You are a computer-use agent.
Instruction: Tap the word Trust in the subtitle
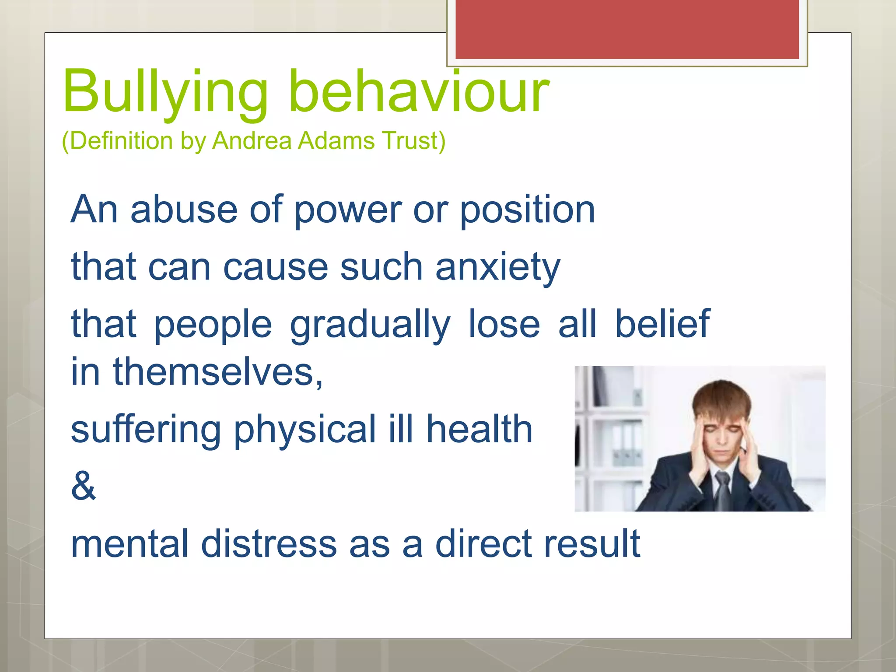click(x=413, y=141)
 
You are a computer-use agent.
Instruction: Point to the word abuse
click(x=184, y=210)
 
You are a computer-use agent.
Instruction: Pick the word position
click(x=527, y=210)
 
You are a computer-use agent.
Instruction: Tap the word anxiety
click(x=497, y=268)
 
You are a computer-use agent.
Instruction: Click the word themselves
click(x=217, y=372)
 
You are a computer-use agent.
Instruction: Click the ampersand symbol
click(x=83, y=486)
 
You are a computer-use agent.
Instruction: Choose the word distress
click(x=269, y=544)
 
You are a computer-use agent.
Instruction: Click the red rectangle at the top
click(x=627, y=29)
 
